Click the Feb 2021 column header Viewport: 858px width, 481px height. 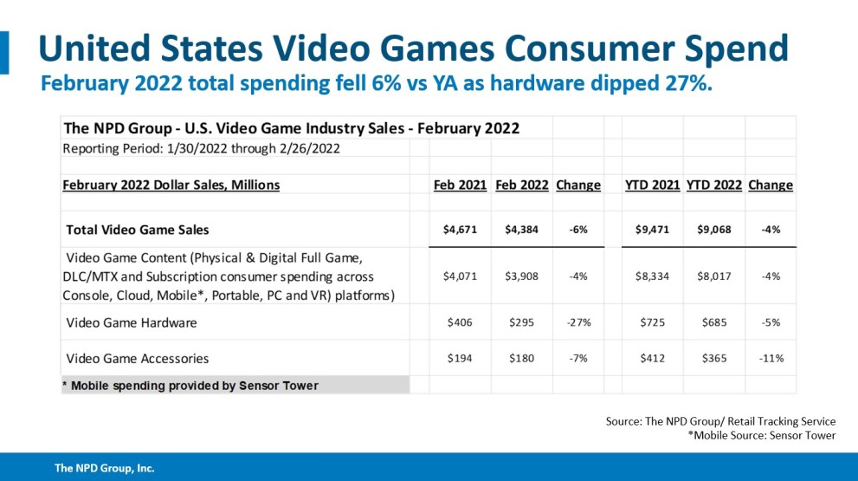pos(460,185)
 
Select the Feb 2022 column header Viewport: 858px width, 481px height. pos(522,185)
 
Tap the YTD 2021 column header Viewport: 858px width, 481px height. pos(652,185)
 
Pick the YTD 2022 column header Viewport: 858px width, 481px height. pos(714,185)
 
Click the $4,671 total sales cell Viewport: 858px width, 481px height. pos(461,230)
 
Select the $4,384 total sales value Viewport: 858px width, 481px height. pos(522,230)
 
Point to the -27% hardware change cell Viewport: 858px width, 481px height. pos(577,322)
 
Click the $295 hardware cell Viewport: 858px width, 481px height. pos(522,322)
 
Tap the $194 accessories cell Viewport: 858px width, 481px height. pos(461,359)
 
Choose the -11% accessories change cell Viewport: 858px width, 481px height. pos(770,359)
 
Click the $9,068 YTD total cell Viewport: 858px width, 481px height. pos(714,230)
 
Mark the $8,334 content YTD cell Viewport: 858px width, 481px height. pos(652,276)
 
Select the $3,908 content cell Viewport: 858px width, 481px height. pos(522,276)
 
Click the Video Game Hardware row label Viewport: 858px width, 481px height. pos(132,322)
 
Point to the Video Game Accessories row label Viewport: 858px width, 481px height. pos(138,359)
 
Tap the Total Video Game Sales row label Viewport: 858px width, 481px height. pos(138,230)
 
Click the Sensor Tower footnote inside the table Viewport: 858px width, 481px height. pos(190,385)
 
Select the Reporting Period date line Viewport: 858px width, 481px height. pos(201,147)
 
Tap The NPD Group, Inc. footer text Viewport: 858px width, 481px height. pos(105,468)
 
